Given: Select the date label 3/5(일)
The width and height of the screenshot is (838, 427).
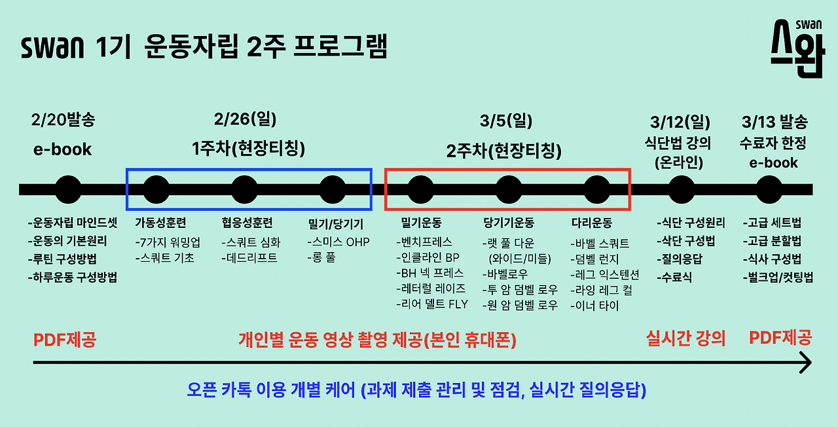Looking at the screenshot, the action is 505,122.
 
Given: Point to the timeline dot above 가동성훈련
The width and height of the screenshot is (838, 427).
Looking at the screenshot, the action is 156,189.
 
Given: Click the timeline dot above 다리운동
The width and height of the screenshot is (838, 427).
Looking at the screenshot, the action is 596,189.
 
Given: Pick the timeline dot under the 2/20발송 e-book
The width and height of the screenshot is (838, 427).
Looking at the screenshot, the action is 69,189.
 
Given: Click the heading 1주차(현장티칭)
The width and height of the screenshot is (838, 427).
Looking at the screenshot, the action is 249,149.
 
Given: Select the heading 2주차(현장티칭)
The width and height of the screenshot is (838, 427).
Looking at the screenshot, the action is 504,151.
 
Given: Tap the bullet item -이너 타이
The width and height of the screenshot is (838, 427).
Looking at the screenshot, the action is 594,305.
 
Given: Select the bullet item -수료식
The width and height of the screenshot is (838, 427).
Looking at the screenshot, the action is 675,277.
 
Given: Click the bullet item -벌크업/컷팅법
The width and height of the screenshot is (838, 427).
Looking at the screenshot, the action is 778,277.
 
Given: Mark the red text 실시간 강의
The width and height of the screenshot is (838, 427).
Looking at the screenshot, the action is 685,339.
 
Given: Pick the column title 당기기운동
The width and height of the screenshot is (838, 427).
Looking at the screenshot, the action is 509,223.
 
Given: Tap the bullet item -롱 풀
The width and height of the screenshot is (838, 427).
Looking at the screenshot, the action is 321,258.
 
